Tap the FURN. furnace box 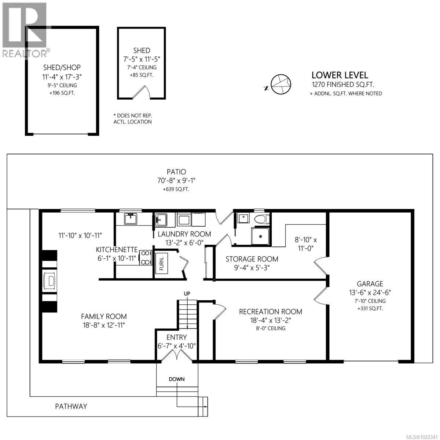click(x=162, y=263)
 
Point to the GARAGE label click(x=370, y=283)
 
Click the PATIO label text click(x=176, y=172)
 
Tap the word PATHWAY click(x=71, y=406)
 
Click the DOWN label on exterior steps click(x=177, y=379)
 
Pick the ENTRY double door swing click(x=177, y=355)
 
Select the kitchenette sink click(x=131, y=219)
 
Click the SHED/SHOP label click(x=62, y=67)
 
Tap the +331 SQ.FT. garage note click(x=370, y=308)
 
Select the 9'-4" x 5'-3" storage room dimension click(x=252, y=268)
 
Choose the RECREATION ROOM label click(x=271, y=312)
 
